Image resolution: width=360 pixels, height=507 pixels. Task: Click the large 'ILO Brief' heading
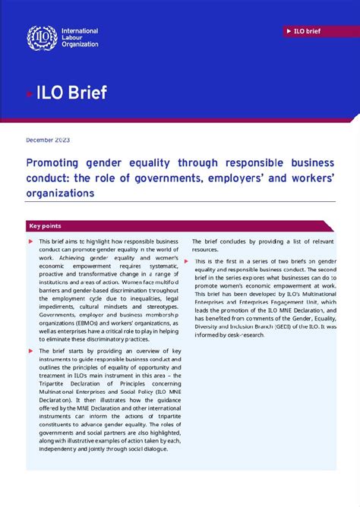[71, 93]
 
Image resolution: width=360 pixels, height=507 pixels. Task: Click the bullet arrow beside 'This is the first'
[186, 261]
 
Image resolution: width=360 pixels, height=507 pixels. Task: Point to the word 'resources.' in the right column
[205, 249]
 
